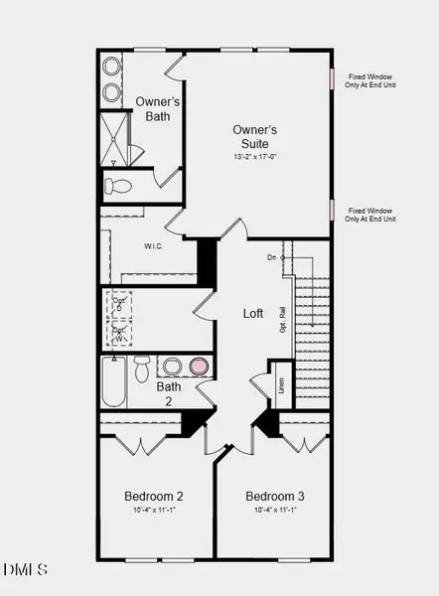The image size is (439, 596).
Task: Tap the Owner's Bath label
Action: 152,108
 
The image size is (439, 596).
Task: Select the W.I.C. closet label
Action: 153,245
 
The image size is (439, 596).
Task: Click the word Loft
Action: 253,313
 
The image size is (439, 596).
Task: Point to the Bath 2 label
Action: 168,393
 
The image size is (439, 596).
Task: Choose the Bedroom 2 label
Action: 153,496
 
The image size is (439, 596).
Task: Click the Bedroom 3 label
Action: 275,496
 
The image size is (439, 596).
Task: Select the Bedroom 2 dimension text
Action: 153,511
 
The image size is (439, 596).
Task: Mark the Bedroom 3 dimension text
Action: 275,511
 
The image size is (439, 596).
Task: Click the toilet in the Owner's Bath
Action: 118,186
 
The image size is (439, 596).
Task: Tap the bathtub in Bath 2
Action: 112,382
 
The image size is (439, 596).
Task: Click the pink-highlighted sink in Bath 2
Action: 200,367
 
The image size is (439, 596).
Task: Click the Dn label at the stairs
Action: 271,258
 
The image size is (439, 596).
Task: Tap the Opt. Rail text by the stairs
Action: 283,320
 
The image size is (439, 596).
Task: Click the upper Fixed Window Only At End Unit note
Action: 371,80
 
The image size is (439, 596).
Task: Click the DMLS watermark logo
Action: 25,569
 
